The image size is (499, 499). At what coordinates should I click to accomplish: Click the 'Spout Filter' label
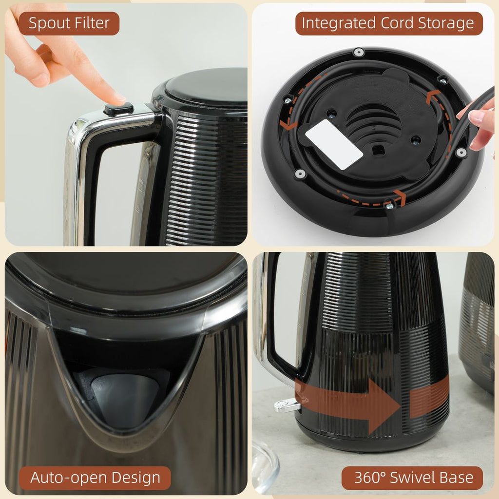[x=69, y=23]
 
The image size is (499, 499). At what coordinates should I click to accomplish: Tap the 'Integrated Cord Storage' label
[x=388, y=23]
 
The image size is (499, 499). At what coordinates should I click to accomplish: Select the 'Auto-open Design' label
[x=95, y=477]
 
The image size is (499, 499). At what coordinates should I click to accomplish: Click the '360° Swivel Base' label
[x=413, y=477]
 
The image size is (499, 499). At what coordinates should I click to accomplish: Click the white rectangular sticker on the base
[x=334, y=145]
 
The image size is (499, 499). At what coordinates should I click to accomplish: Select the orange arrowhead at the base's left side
[x=288, y=125]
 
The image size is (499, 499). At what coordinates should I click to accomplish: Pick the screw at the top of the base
[x=359, y=52]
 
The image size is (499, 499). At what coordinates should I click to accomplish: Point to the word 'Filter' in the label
[x=91, y=23]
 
